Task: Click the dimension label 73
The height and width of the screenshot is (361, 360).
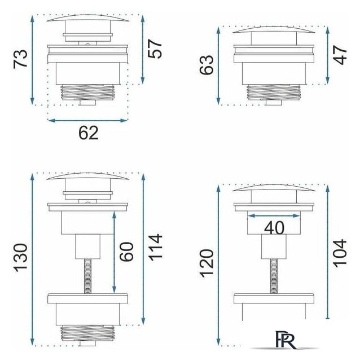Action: pyautogui.click(x=20, y=59)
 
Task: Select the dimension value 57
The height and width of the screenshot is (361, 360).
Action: pyautogui.click(x=155, y=49)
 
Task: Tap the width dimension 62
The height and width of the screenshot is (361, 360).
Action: pyautogui.click(x=89, y=133)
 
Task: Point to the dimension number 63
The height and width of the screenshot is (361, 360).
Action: pyautogui.click(x=207, y=65)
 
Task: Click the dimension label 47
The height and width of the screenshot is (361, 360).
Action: pyautogui.click(x=340, y=55)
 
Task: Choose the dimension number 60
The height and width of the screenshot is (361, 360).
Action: pyautogui.click(x=126, y=252)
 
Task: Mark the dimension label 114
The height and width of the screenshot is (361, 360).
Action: pyautogui.click(x=155, y=247)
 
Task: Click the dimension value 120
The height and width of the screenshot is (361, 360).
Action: pyautogui.click(x=207, y=263)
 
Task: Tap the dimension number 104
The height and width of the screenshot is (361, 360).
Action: pyautogui.click(x=340, y=253)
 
